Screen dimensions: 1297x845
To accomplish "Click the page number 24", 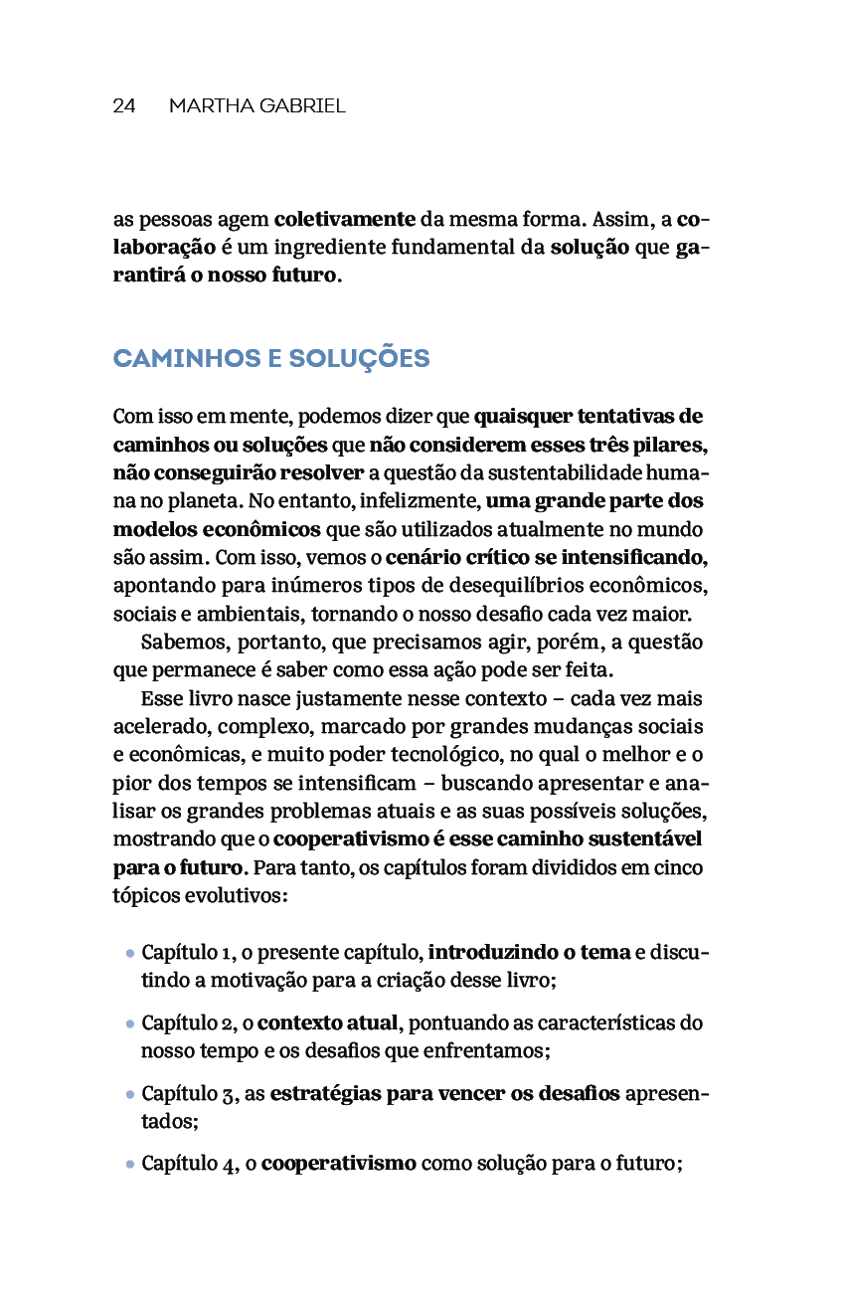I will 123,106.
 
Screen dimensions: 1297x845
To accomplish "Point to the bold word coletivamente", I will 345,219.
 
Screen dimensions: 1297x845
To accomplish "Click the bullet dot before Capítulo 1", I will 130,954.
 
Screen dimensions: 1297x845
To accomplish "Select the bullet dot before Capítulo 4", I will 130,1163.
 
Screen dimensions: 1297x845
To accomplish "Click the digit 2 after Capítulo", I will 227,1023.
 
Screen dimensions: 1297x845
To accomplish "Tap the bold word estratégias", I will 325,1094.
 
